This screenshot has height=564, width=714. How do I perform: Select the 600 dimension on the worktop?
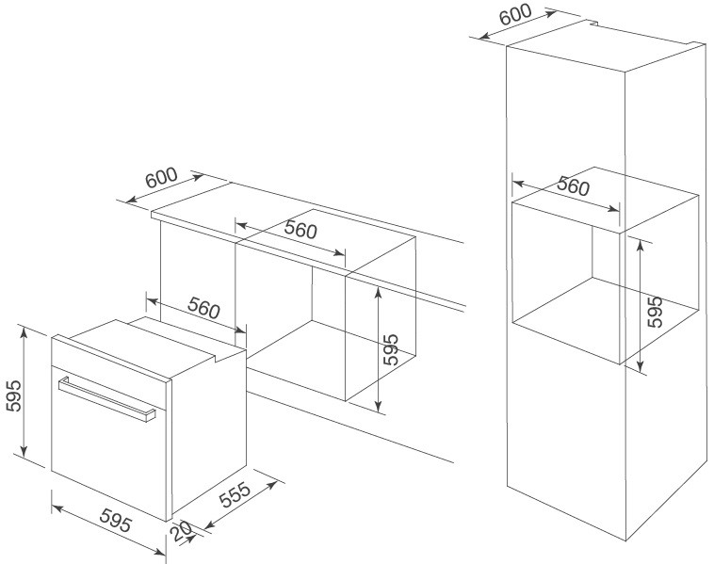[162, 180]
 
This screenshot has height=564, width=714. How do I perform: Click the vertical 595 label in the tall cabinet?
[656, 311]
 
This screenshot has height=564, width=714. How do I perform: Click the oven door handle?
[106, 398]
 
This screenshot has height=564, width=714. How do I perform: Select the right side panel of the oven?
[209, 433]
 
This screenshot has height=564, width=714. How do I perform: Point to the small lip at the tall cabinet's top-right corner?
[694, 43]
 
